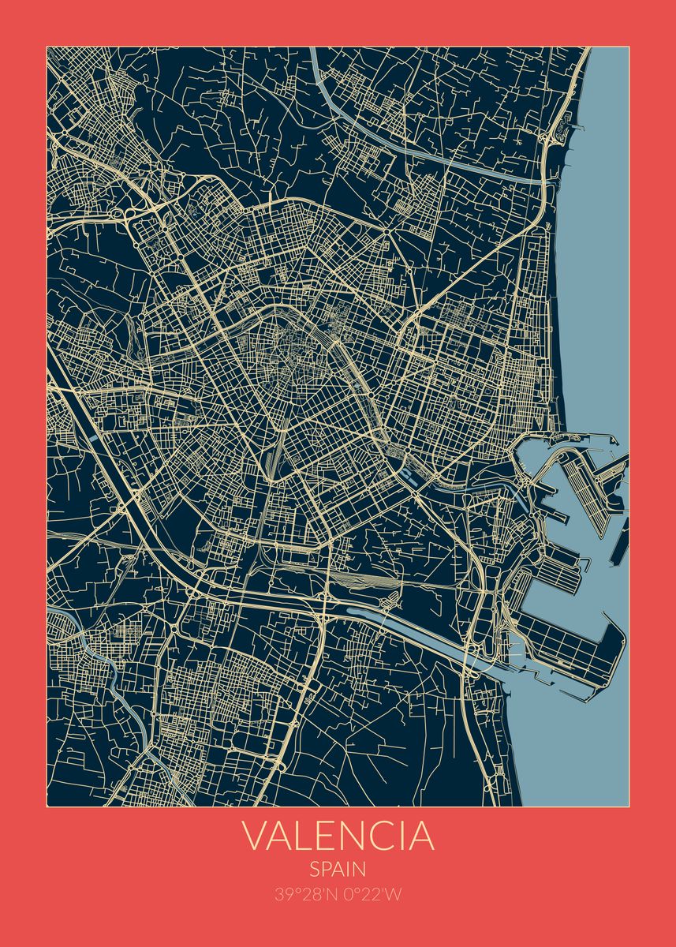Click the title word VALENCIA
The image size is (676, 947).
point(338,837)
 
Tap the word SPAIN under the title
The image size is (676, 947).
point(338,870)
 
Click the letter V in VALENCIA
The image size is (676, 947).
point(255,837)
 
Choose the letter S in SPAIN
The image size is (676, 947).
point(313,870)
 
